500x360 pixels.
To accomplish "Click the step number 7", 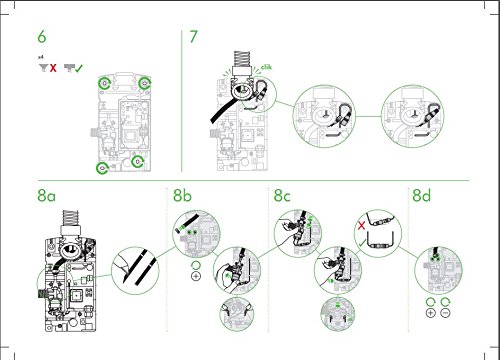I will point(194,38).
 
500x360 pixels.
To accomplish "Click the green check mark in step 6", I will point(78,70).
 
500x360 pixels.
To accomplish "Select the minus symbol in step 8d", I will point(446,313).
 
